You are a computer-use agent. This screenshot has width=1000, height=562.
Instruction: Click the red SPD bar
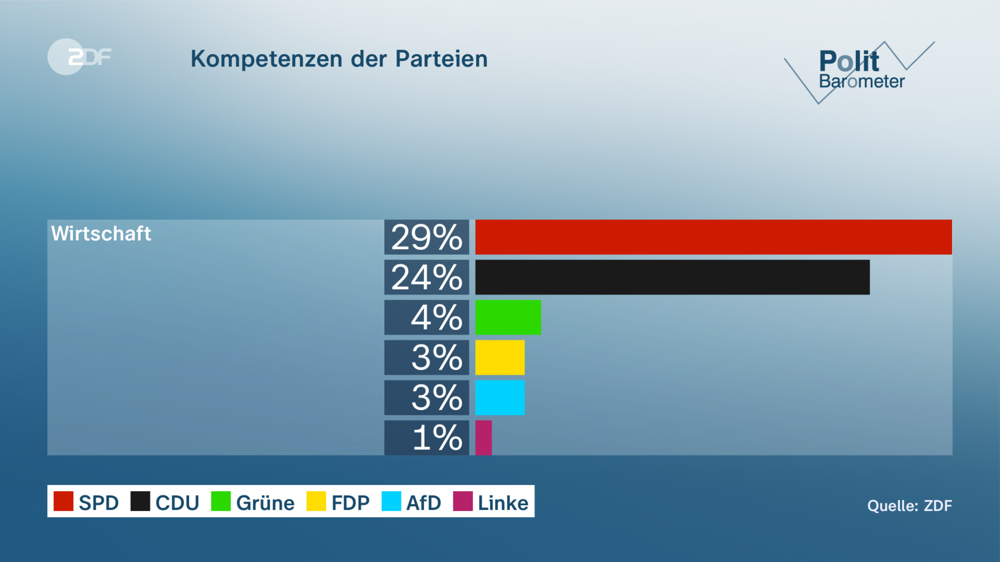click(x=713, y=237)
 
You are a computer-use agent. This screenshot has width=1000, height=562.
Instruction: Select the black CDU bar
click(x=672, y=277)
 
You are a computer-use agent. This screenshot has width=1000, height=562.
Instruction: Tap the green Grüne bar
click(x=508, y=317)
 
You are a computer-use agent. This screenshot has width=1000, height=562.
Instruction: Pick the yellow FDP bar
click(x=500, y=357)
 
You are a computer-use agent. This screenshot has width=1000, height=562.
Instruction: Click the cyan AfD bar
click(x=500, y=398)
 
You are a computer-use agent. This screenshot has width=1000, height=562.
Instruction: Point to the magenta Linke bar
click(x=483, y=438)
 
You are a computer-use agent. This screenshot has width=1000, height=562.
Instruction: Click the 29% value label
click(x=427, y=237)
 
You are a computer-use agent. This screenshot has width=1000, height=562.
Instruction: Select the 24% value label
click(x=427, y=278)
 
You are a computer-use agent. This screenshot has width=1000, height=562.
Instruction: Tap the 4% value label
click(x=436, y=318)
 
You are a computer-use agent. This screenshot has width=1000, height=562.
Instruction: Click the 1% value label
click(x=437, y=438)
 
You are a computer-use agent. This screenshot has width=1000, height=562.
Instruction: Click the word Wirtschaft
click(x=101, y=234)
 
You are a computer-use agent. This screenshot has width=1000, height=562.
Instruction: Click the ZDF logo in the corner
click(x=79, y=57)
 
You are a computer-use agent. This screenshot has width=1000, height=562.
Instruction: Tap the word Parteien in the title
click(x=441, y=59)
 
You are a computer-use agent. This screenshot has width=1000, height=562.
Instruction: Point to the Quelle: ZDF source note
click(x=909, y=506)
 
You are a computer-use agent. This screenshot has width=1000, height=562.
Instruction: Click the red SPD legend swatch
click(x=63, y=501)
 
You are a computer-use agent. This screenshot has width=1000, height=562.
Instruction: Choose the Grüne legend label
click(x=265, y=503)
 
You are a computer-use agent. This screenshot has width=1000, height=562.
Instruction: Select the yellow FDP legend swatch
click(x=316, y=501)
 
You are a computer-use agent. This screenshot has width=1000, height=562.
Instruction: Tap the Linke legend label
click(x=503, y=503)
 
